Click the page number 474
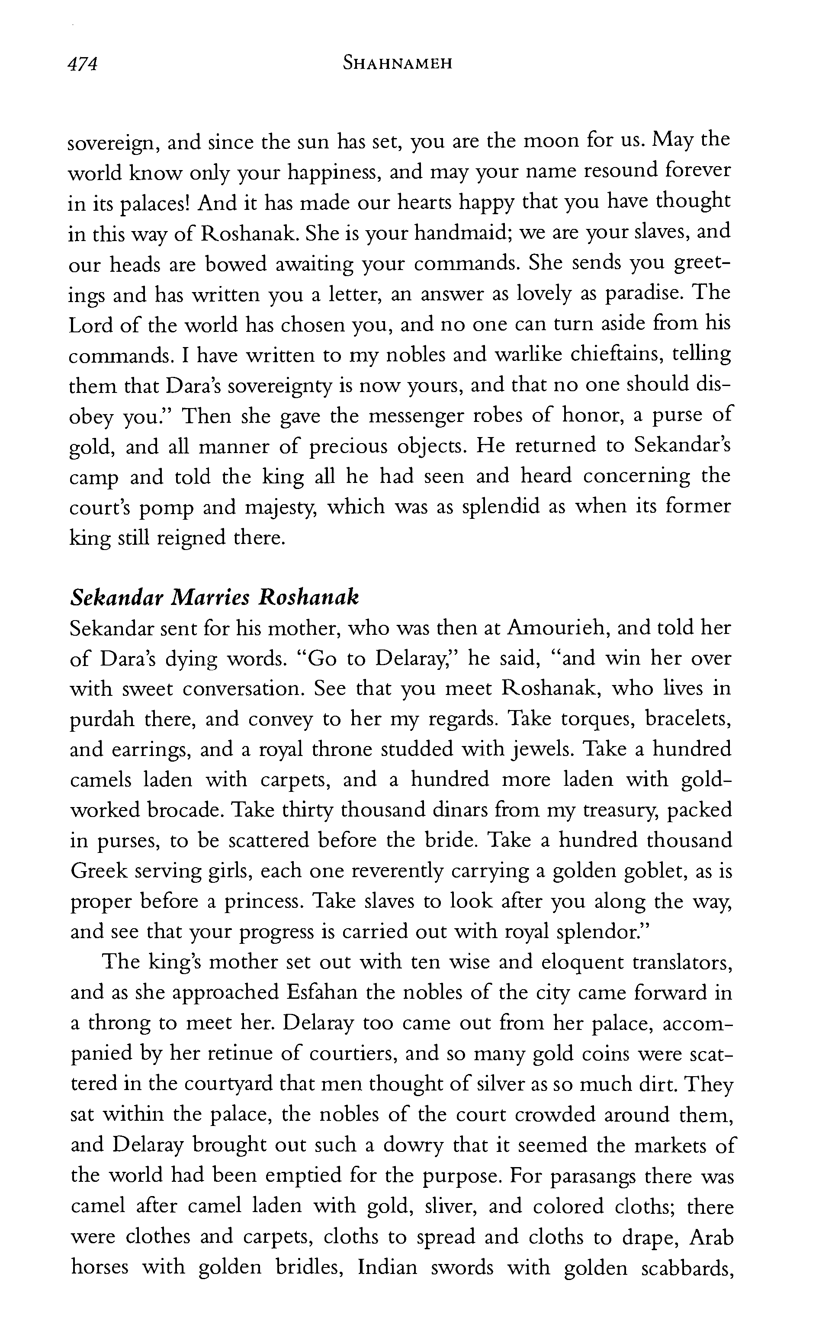[x=82, y=64]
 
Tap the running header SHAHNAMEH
[x=397, y=64]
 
